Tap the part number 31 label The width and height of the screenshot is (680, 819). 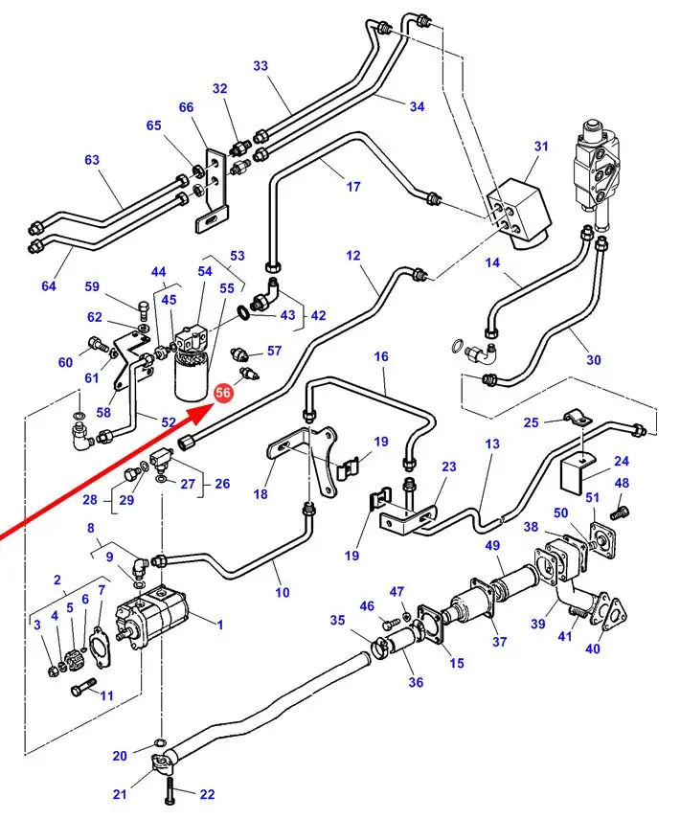[542, 147]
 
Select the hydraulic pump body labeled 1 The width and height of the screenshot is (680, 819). [153, 619]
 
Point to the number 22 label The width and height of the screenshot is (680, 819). [208, 793]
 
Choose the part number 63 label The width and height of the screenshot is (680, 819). [92, 160]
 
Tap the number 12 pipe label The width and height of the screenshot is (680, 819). [352, 256]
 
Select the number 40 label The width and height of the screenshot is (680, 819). [593, 648]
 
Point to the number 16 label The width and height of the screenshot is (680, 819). [381, 357]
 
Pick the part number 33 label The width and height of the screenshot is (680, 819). [261, 66]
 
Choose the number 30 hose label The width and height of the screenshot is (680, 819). [594, 360]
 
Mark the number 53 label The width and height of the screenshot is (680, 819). [238, 256]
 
